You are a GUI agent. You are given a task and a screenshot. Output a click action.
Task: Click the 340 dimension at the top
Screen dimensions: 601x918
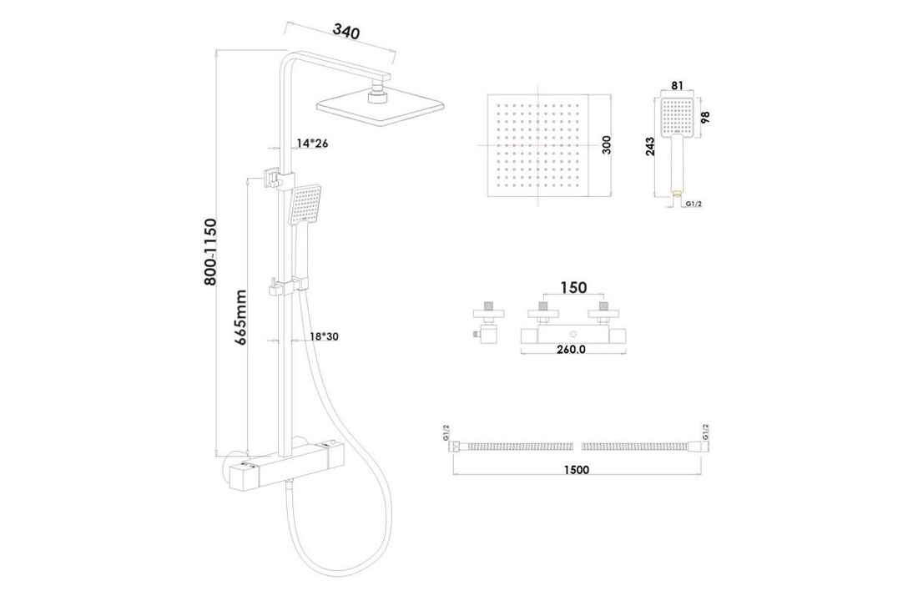(x=346, y=33)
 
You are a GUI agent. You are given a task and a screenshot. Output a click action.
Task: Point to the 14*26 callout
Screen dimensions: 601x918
(x=312, y=144)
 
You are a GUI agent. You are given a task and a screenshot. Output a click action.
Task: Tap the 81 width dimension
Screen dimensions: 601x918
(x=678, y=85)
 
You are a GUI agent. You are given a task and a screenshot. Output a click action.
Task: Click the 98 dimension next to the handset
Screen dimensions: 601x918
(x=706, y=117)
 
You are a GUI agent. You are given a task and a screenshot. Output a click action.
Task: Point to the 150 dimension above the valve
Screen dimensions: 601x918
(x=572, y=287)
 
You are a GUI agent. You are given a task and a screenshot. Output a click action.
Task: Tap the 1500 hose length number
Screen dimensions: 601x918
(x=576, y=470)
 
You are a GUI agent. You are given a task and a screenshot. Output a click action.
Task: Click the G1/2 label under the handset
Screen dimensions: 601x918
(x=692, y=203)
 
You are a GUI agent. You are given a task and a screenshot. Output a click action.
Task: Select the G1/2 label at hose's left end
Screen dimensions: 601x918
(x=446, y=435)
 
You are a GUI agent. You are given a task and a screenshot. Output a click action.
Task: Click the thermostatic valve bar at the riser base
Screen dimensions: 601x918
(x=291, y=468)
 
